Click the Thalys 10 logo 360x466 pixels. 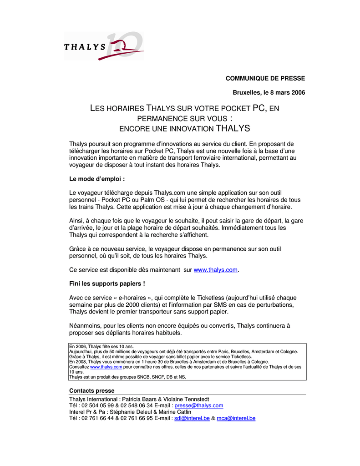point(104,46)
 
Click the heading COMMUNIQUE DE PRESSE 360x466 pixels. point(265,78)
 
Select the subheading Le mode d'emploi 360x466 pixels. point(96,179)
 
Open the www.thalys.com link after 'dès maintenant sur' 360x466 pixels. point(216,270)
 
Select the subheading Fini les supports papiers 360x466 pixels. point(107,284)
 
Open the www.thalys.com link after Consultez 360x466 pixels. point(106,367)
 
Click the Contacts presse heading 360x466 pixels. point(91,390)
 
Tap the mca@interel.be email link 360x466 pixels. point(236,418)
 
